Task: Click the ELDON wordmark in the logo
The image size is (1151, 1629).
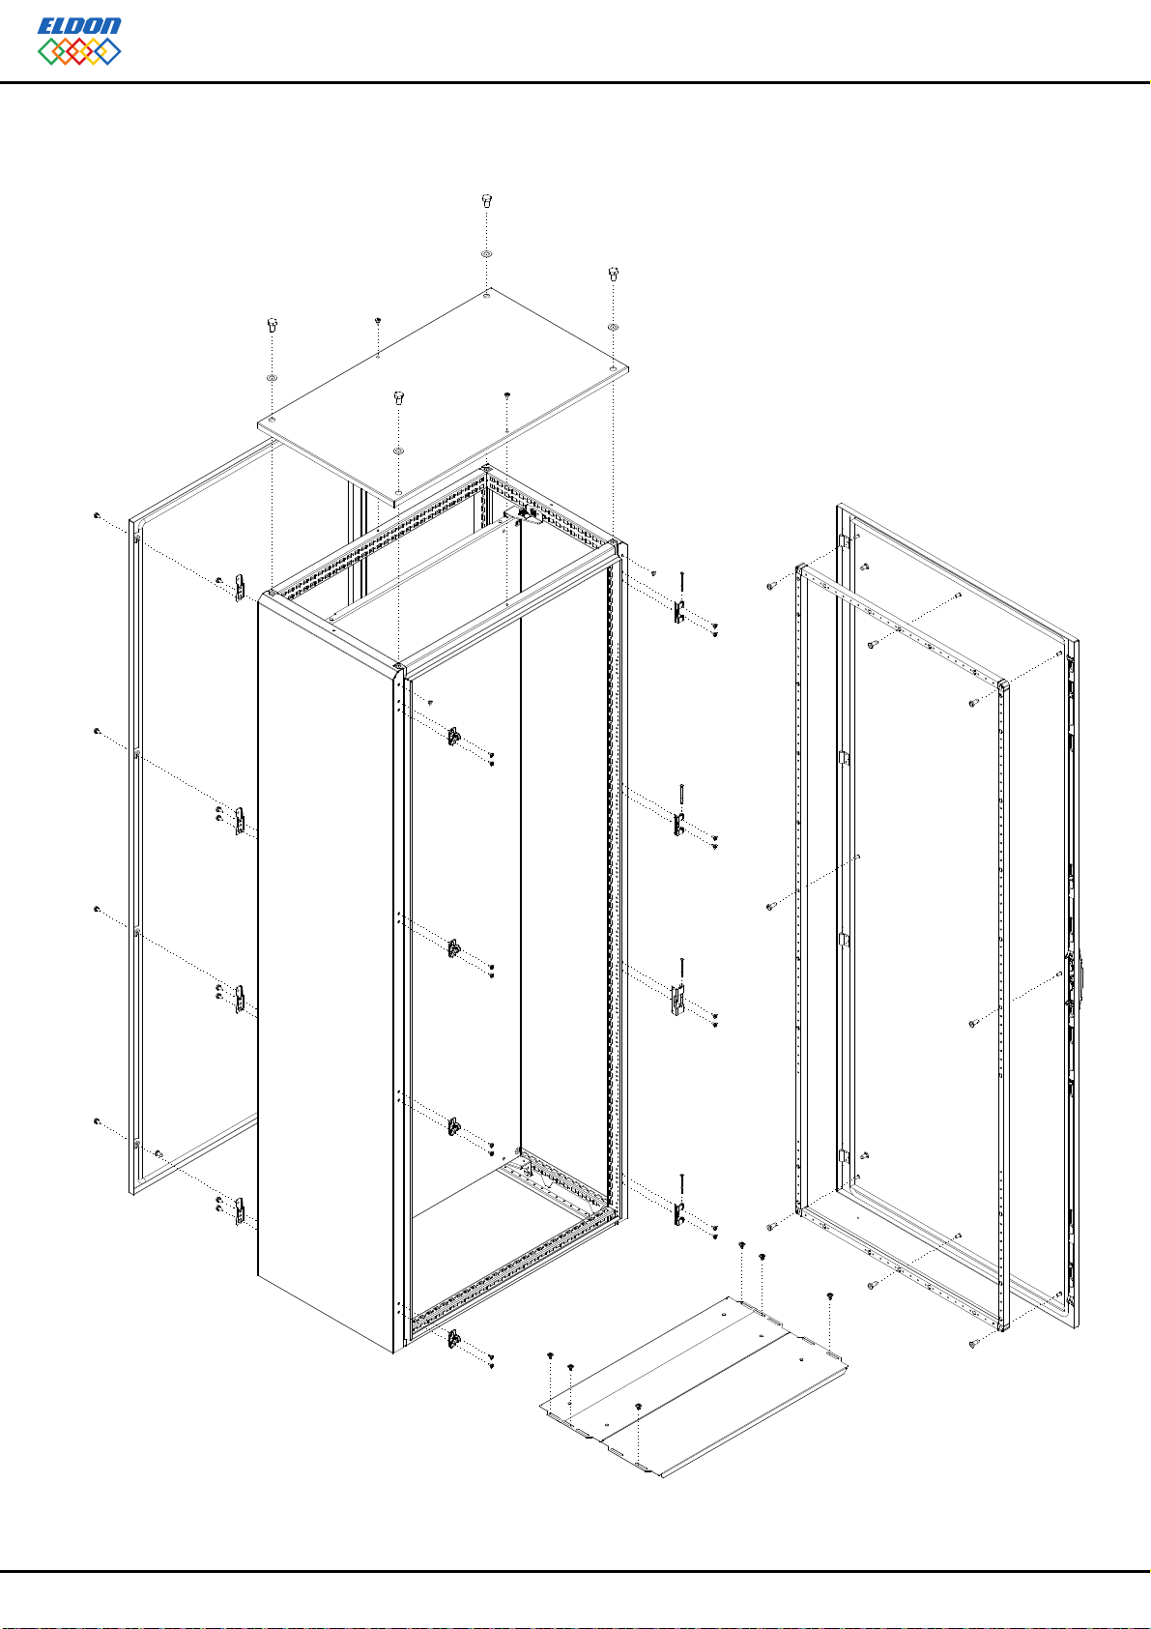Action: tap(79, 26)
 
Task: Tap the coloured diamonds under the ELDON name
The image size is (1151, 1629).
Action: tap(79, 51)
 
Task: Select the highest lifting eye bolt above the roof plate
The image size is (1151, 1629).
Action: tap(486, 200)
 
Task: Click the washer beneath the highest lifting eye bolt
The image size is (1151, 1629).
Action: tap(486, 254)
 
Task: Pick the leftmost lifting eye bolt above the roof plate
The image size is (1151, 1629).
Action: tap(273, 324)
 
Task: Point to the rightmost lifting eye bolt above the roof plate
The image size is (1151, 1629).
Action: tap(613, 274)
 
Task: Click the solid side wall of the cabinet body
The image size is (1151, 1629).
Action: tap(326, 967)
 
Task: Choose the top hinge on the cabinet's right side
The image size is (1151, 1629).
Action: tap(678, 612)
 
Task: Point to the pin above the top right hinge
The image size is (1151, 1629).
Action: tap(682, 583)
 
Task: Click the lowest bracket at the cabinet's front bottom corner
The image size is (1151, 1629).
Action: tap(453, 1337)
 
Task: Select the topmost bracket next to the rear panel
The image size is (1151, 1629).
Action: tap(240, 588)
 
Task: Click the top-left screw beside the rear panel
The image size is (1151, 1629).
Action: tap(97, 515)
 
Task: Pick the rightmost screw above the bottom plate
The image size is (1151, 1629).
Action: tap(829, 1295)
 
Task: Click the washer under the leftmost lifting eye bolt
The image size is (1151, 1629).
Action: tap(273, 379)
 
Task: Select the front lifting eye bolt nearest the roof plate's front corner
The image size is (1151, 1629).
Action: tap(398, 397)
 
